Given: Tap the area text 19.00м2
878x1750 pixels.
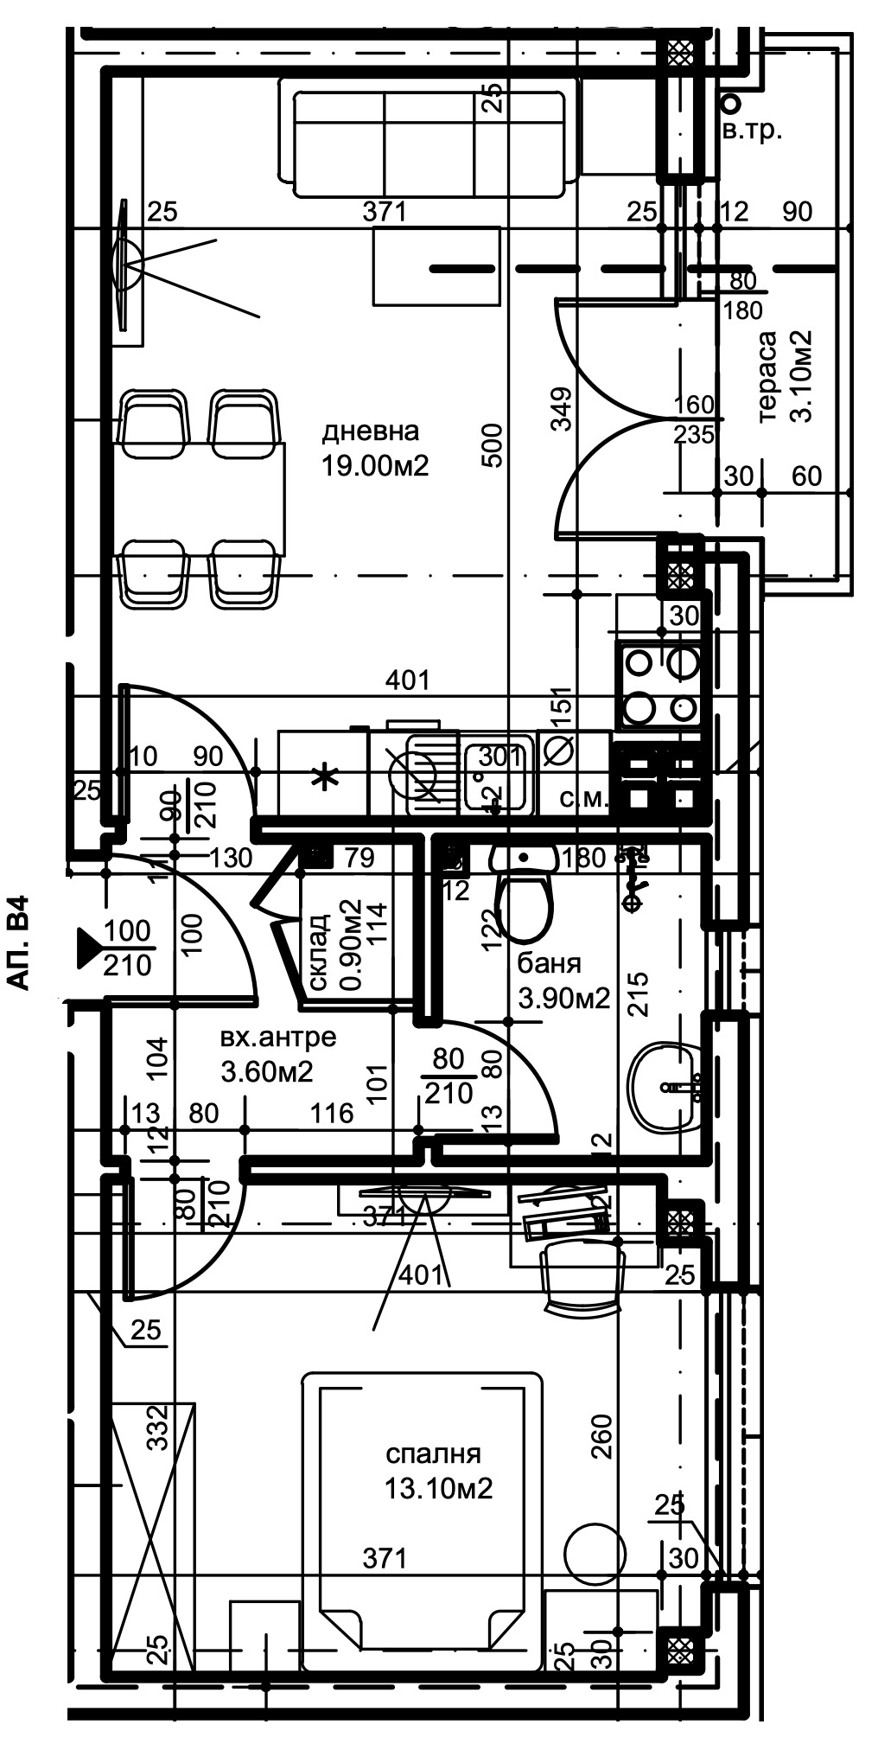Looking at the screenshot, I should tap(375, 467).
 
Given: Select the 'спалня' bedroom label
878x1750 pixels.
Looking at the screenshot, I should tap(433, 1453).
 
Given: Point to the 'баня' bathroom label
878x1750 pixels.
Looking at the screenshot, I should tap(549, 962).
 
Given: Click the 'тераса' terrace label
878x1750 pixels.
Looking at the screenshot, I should tap(767, 376).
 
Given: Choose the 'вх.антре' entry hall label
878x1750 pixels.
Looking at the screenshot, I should tap(277, 1037).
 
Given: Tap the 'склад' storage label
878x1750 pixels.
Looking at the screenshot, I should tap(318, 952).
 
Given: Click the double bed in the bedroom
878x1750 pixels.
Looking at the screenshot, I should tap(423, 1510).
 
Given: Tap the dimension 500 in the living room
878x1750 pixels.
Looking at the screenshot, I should tap(491, 444).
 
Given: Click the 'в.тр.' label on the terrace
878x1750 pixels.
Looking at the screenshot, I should tap(753, 132).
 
